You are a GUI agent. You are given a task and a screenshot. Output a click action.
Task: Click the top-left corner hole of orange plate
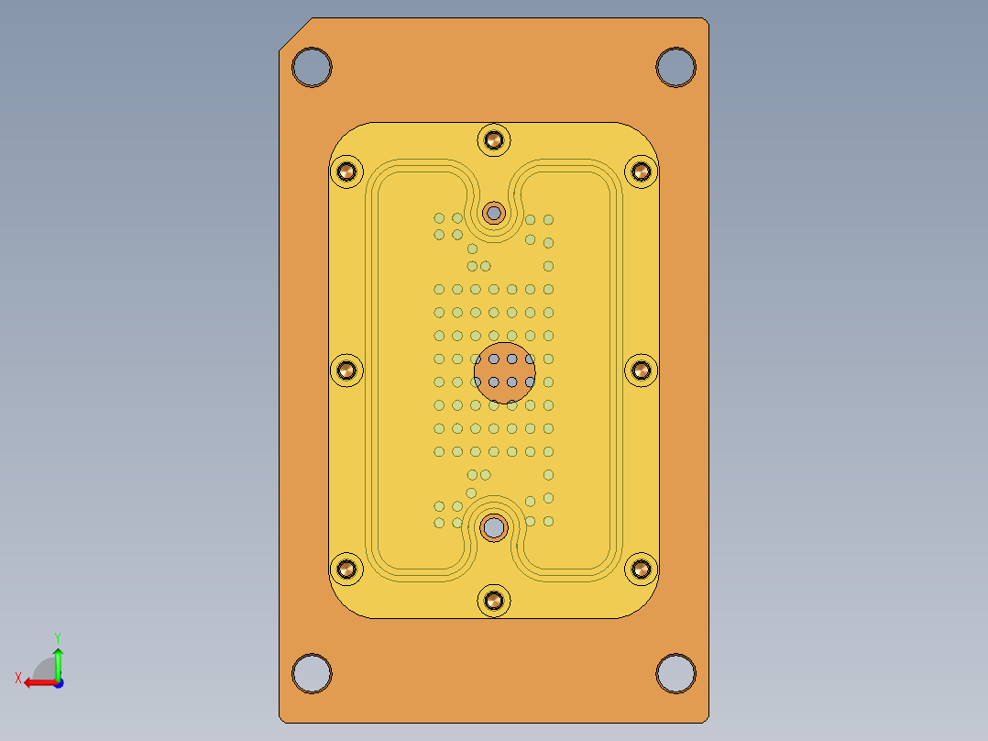[312, 67]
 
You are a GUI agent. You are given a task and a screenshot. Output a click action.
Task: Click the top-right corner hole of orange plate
[676, 67]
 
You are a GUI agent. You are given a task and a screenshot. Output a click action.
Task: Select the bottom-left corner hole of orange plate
[312, 673]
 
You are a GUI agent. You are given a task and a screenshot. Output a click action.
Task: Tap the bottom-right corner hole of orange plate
[676, 673]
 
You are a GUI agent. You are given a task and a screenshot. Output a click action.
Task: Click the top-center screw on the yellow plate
[495, 140]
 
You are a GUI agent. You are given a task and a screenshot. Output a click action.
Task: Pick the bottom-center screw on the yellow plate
[495, 601]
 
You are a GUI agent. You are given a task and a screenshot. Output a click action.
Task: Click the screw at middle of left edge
[347, 370]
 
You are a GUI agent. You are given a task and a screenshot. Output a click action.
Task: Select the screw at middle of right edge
[642, 370]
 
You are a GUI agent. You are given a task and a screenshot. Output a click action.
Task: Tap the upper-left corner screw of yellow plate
[347, 171]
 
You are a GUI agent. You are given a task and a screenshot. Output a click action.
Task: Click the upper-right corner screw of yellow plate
[642, 171]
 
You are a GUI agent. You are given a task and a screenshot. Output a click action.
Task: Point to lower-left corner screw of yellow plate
[347, 570]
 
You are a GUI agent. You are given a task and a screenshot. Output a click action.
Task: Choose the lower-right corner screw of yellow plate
[642, 570]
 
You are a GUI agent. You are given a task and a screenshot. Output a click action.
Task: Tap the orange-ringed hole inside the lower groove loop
[495, 527]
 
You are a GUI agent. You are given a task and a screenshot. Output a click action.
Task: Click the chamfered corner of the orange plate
[295, 34]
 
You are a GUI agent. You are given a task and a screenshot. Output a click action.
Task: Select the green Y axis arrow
[58, 658]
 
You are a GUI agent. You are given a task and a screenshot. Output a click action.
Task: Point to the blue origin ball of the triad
[58, 682]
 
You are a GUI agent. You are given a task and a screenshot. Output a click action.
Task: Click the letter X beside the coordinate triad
[17, 678]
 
